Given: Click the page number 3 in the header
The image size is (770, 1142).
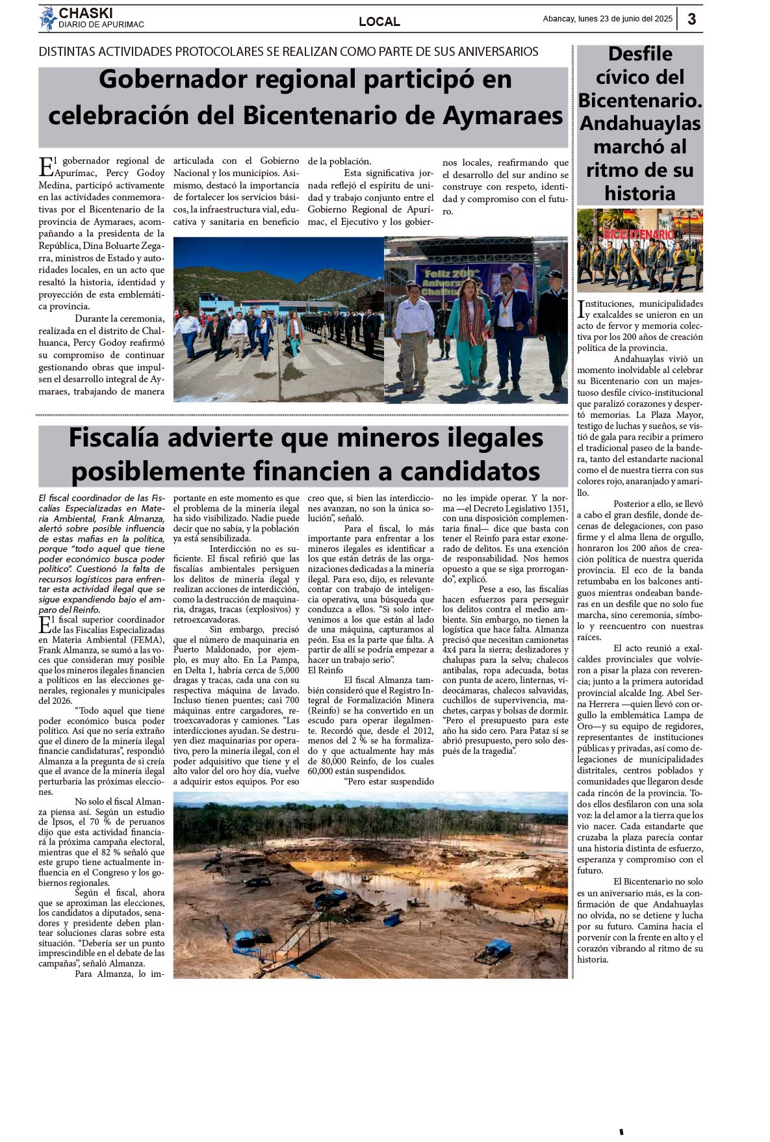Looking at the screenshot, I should click(x=691, y=19).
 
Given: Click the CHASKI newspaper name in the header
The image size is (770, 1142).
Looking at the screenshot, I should click(x=86, y=13).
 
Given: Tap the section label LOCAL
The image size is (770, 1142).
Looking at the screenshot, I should click(x=379, y=21).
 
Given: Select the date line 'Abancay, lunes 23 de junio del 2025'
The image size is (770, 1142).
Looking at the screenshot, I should click(x=608, y=19).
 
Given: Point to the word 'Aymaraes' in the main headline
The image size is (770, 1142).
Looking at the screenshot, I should click(x=503, y=116).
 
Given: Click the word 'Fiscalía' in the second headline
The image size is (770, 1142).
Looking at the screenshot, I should click(x=114, y=438).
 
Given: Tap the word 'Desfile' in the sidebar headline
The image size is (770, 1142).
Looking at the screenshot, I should click(x=640, y=54).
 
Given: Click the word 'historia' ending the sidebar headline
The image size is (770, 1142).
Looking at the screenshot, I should click(x=640, y=194).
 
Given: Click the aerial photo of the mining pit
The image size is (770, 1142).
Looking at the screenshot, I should click(x=370, y=884).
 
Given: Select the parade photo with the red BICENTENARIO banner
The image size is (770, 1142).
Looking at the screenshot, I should click(x=640, y=250).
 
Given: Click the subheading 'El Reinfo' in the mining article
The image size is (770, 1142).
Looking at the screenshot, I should click(x=326, y=670).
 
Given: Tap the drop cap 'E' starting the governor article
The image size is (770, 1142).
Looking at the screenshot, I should click(x=46, y=167).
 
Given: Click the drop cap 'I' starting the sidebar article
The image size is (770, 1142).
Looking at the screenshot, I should click(x=580, y=309).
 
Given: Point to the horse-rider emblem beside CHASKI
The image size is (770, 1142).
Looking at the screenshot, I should click(x=47, y=18).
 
